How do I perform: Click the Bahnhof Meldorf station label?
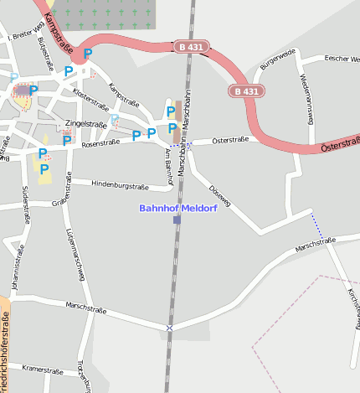point(177,208)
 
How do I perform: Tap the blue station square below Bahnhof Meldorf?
point(177,220)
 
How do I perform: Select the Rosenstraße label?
point(100,143)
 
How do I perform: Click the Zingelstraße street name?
point(86,124)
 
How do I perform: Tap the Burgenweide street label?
point(279,59)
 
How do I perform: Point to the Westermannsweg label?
point(305,98)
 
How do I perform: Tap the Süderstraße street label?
point(23,204)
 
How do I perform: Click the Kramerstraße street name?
point(43,368)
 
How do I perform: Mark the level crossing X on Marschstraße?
point(170,327)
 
